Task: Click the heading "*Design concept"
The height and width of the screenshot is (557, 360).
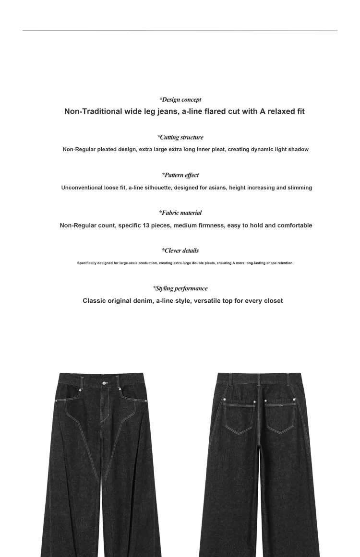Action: point(180,100)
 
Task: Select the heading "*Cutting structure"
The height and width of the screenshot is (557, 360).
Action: point(180,137)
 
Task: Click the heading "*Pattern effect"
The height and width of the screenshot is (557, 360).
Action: point(180,175)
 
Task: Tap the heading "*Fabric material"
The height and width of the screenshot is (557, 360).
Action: point(180,213)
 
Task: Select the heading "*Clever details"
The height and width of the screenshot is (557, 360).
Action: point(180,250)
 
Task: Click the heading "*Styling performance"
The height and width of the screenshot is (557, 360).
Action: point(180,288)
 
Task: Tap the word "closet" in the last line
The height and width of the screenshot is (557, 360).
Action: point(272,301)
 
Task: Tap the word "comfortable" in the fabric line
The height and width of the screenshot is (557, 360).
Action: point(294,225)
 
